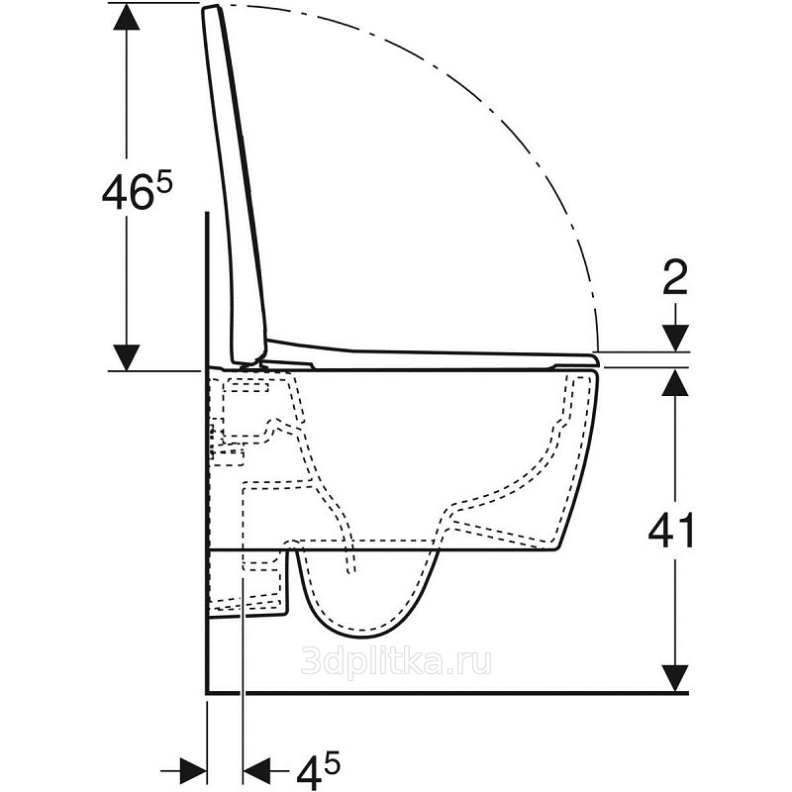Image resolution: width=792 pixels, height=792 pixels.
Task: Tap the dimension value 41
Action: pyautogui.click(x=671, y=532)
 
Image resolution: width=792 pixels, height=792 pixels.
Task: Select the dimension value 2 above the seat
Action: pyautogui.click(x=675, y=278)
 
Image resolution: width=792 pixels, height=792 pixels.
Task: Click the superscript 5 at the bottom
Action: pyautogui.click(x=333, y=762)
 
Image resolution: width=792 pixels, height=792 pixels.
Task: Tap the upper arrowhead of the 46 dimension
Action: pyautogui.click(x=127, y=17)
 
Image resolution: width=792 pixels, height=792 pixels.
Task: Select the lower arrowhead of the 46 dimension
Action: pyautogui.click(x=127, y=357)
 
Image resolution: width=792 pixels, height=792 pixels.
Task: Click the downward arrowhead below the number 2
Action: pyautogui.click(x=675, y=338)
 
